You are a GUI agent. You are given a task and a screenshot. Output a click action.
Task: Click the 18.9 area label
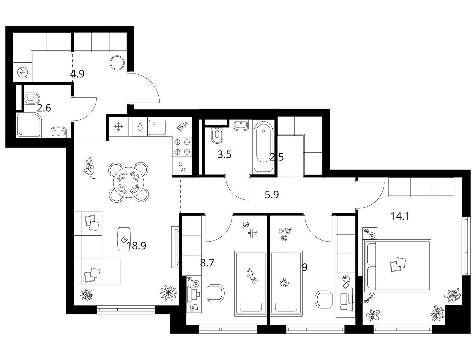[x=136, y=246]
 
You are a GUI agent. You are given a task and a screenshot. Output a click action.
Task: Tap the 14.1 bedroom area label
[x=400, y=216]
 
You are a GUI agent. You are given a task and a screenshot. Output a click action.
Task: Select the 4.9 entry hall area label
[x=77, y=74]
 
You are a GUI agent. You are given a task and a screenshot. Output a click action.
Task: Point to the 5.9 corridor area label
[x=272, y=195]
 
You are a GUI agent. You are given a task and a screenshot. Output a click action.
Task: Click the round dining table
[x=128, y=182]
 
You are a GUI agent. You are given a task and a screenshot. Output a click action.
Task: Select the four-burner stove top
[x=182, y=147]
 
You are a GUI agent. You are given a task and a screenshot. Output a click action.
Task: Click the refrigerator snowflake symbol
[x=118, y=127]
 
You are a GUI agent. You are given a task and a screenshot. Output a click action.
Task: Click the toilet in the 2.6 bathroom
[x=32, y=98]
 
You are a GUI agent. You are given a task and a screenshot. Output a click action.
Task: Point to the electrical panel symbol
[x=22, y=72]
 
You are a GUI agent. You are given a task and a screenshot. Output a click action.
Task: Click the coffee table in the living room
[x=124, y=239]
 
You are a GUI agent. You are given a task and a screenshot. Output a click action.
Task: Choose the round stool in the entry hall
[x=117, y=62]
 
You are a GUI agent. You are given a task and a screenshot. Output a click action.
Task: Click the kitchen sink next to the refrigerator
[x=157, y=127]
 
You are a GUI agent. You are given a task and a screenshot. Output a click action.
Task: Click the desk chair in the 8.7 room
[x=215, y=293]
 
